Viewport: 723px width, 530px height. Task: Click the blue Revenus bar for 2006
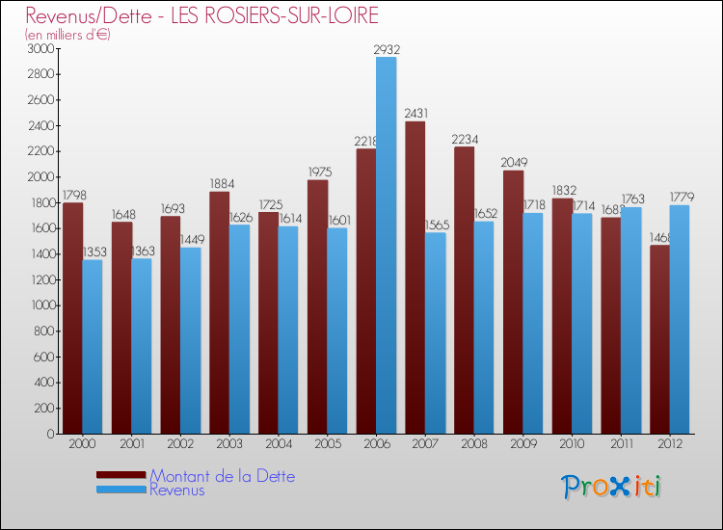[386, 246]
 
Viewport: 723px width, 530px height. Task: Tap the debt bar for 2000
[72, 318]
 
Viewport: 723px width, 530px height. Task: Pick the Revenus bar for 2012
[680, 319]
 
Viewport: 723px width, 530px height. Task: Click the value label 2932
[386, 49]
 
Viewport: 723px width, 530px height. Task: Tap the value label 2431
[416, 114]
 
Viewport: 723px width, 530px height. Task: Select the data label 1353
[93, 252]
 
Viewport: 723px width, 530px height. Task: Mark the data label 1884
[220, 184]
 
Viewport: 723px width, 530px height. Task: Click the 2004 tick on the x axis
[279, 445]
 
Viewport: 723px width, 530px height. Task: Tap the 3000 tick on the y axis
[40, 48]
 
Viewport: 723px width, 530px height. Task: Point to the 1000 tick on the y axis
[40, 305]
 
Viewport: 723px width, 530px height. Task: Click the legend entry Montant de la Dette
[222, 476]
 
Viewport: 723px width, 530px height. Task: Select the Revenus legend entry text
[177, 490]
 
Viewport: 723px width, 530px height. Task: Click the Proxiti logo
[612, 487]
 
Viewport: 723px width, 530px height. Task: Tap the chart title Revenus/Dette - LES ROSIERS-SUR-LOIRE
[202, 16]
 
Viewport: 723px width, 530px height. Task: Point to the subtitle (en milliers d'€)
[68, 35]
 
